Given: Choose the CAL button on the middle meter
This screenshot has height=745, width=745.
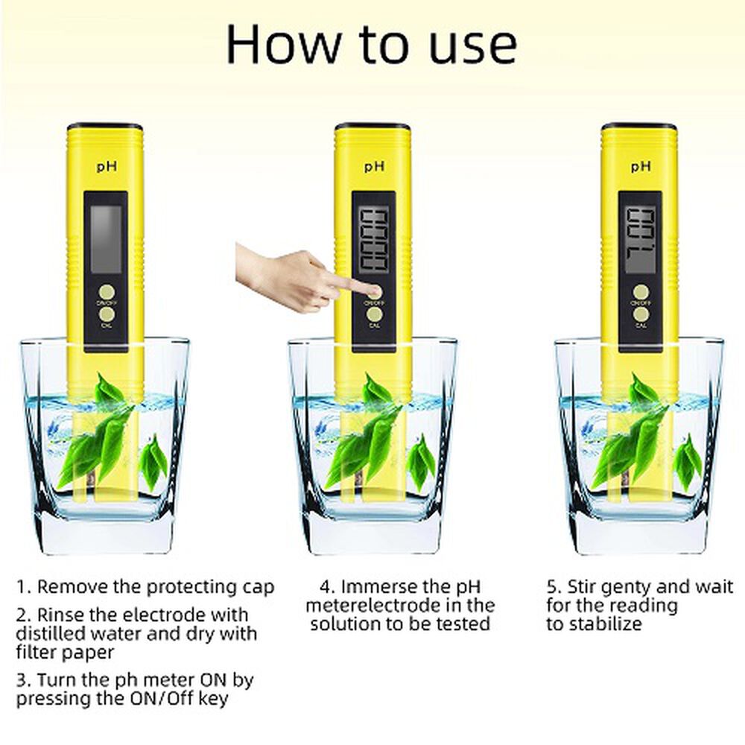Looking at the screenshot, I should pos(374,315).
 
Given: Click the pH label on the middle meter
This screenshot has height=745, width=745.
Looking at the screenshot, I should pos(373,167).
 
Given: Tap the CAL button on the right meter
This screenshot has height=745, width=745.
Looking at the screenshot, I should pos(641,315).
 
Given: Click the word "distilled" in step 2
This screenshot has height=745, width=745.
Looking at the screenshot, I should pos(51,634).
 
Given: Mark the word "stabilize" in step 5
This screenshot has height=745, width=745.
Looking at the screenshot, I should pos(604,624).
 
